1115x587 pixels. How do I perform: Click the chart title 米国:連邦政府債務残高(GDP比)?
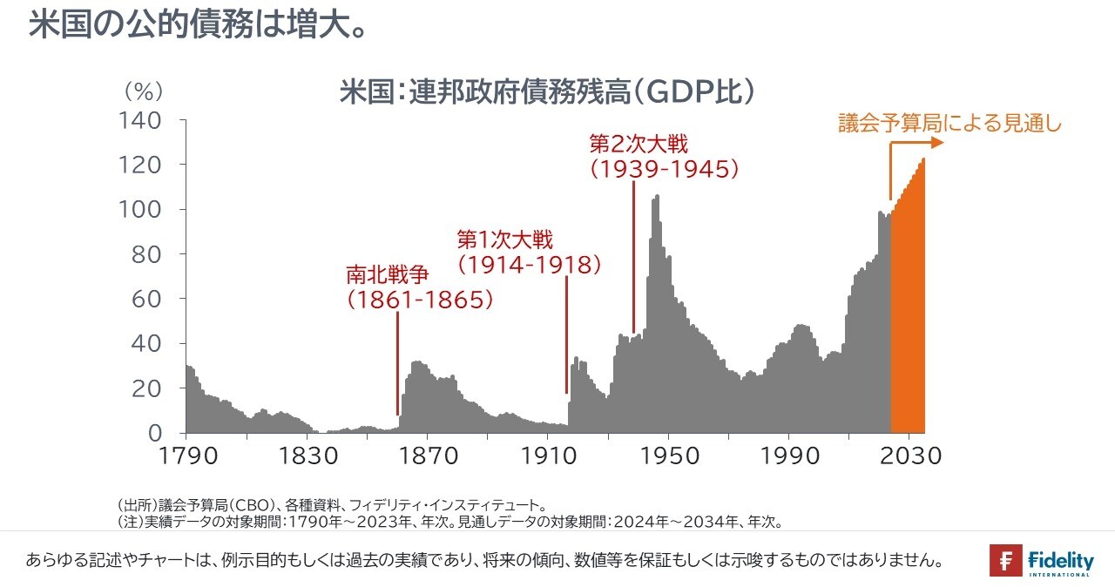click(x=546, y=91)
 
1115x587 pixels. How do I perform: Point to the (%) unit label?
click(x=144, y=91)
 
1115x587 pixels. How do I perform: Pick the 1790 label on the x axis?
click(x=186, y=455)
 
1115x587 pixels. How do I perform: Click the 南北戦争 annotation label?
click(x=388, y=275)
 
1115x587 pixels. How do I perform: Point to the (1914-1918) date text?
click(x=530, y=265)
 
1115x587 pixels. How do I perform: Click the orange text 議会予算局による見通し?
click(x=950, y=123)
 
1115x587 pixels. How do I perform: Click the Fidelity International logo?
click(x=1041, y=560)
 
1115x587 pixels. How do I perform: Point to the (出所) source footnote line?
click(x=332, y=505)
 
